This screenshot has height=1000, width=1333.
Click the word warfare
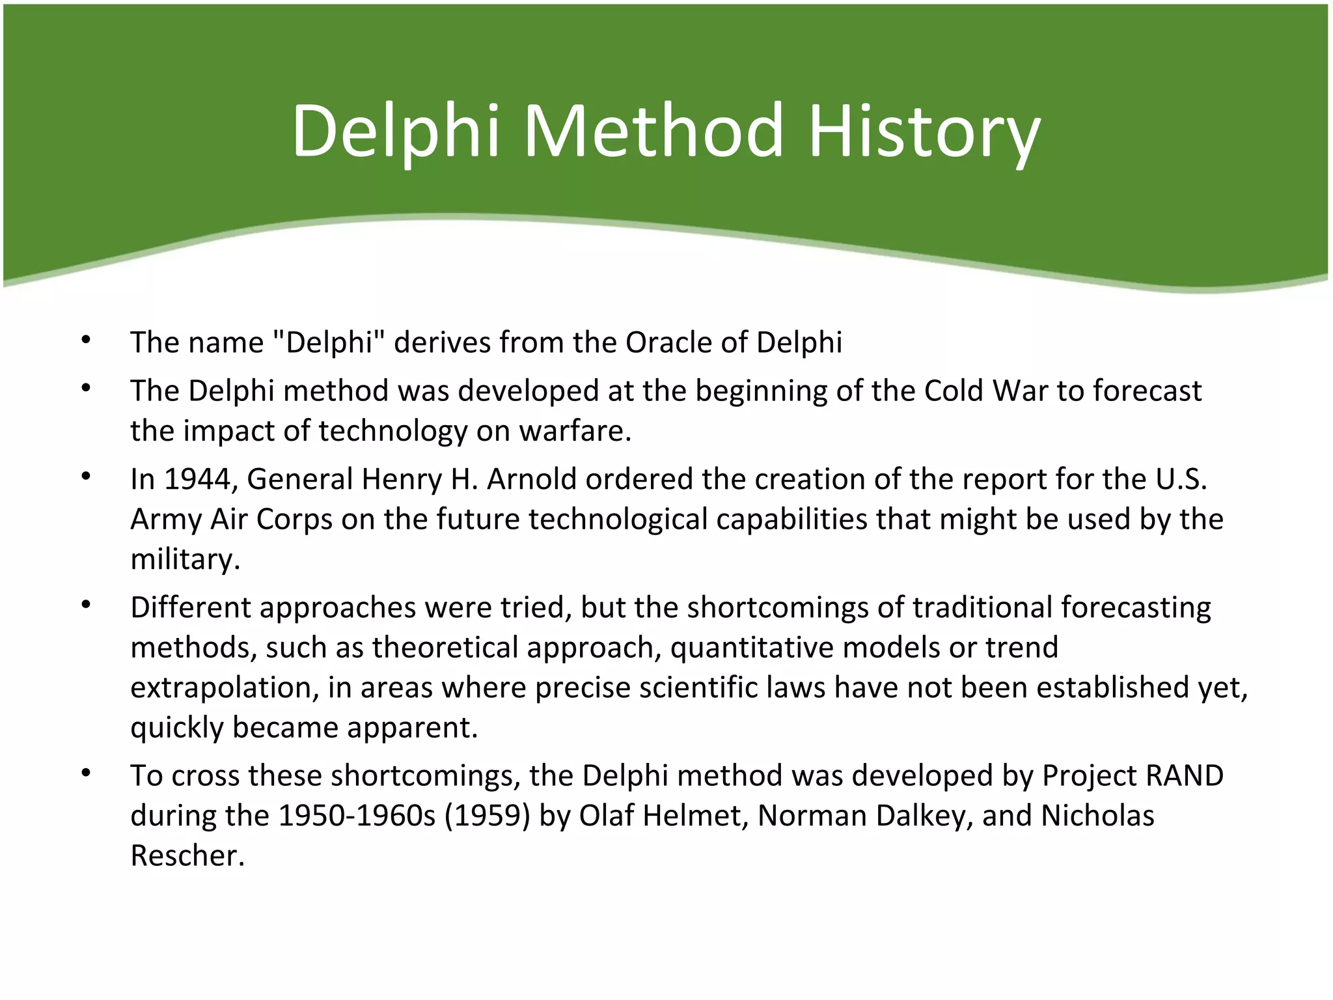point(574,431)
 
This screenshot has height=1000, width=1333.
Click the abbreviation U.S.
point(1181,480)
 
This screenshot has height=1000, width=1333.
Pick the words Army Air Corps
point(231,520)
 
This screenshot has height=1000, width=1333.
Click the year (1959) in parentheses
point(488,816)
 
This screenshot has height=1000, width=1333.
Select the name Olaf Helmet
point(663,816)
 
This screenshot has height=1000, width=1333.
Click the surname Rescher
point(187,855)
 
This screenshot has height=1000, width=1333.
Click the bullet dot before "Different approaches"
point(85,605)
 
